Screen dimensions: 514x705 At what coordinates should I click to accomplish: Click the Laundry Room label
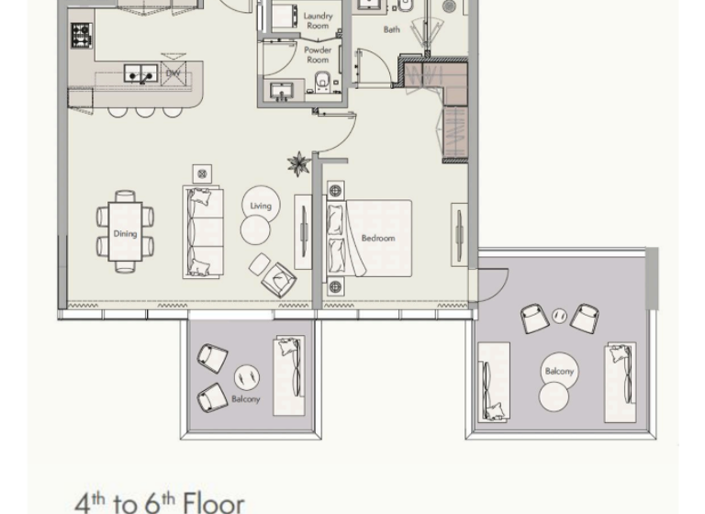[318, 21]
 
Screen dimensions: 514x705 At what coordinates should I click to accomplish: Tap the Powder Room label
[318, 55]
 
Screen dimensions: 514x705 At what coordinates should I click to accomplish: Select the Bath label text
[392, 29]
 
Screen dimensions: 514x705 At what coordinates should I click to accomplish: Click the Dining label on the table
[125, 233]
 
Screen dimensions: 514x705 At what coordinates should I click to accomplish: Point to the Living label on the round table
[261, 206]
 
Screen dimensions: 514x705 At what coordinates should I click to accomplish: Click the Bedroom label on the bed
[377, 239]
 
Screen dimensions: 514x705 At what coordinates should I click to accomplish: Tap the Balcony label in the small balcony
[245, 399]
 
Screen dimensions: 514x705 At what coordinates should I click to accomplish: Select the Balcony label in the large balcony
[559, 372]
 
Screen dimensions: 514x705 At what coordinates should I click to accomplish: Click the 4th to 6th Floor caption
[160, 502]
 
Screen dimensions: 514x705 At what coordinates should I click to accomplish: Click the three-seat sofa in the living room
[204, 231]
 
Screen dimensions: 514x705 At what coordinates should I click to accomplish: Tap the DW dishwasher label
[172, 73]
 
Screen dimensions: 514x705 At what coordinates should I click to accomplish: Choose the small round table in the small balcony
[245, 376]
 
